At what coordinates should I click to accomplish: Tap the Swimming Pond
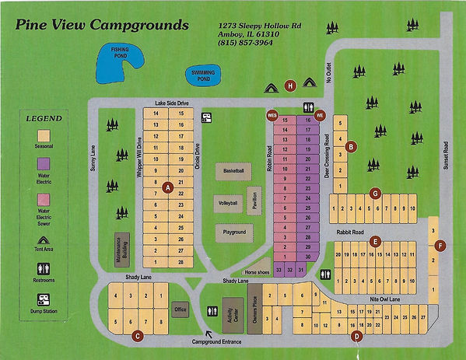(203, 75)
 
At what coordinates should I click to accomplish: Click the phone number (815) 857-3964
(246, 43)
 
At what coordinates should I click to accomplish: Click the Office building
(180, 308)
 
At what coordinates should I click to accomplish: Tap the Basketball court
(233, 170)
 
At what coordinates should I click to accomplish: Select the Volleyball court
(228, 202)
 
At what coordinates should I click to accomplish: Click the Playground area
(234, 232)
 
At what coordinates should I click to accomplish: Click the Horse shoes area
(256, 271)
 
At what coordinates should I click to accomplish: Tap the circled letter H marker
(290, 85)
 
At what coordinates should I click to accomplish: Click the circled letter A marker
(167, 186)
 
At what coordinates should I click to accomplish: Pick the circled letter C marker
(137, 336)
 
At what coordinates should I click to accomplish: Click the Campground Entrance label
(220, 342)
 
